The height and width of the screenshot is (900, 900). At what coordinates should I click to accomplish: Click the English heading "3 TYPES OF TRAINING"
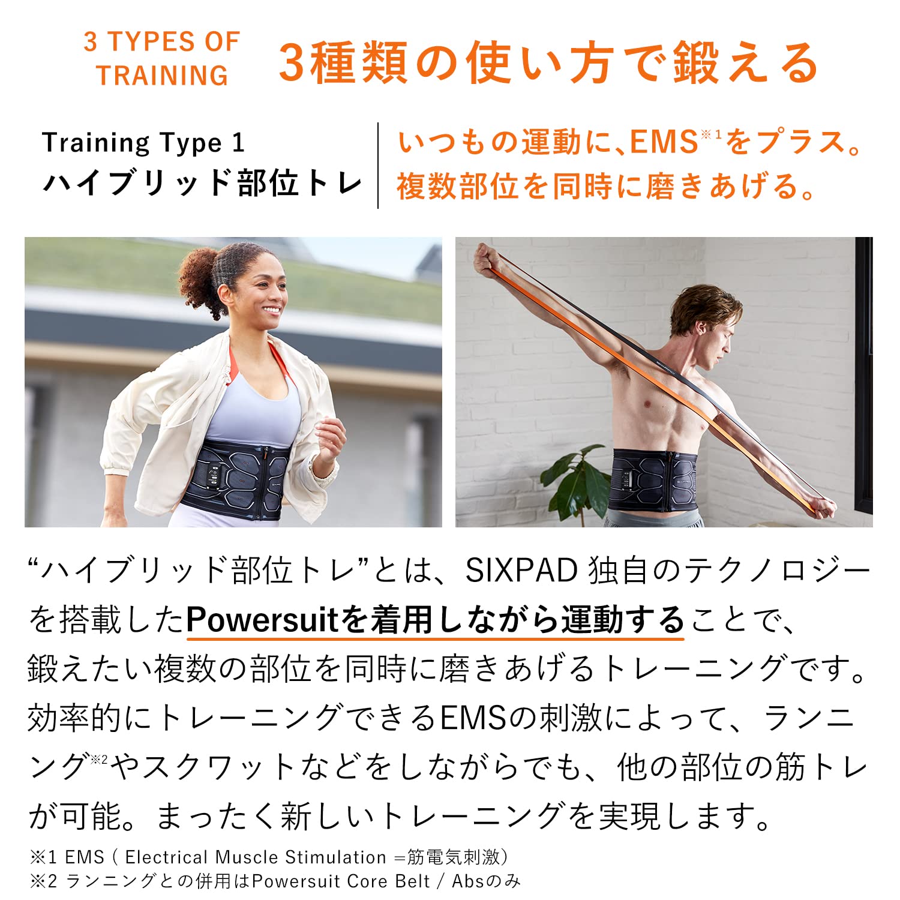pyautogui.click(x=162, y=59)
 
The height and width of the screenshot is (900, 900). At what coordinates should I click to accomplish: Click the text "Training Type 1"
pyautogui.click(x=143, y=143)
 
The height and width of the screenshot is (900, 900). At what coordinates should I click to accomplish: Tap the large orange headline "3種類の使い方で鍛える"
pyautogui.click(x=548, y=63)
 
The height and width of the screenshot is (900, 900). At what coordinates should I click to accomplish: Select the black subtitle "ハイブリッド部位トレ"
pyautogui.click(x=203, y=183)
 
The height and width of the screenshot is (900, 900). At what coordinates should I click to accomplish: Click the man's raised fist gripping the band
pyautogui.click(x=487, y=260)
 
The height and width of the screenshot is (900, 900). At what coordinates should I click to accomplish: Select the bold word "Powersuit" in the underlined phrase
pyautogui.click(x=263, y=619)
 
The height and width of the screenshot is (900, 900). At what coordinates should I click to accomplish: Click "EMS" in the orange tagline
pyautogui.click(x=664, y=143)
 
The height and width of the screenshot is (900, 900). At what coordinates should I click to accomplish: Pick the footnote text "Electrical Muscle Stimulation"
pyautogui.click(x=256, y=857)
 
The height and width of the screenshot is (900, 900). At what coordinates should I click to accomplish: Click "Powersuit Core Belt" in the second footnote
pyautogui.click(x=341, y=881)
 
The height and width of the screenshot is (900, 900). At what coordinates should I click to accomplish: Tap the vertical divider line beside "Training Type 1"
pyautogui.click(x=378, y=165)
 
